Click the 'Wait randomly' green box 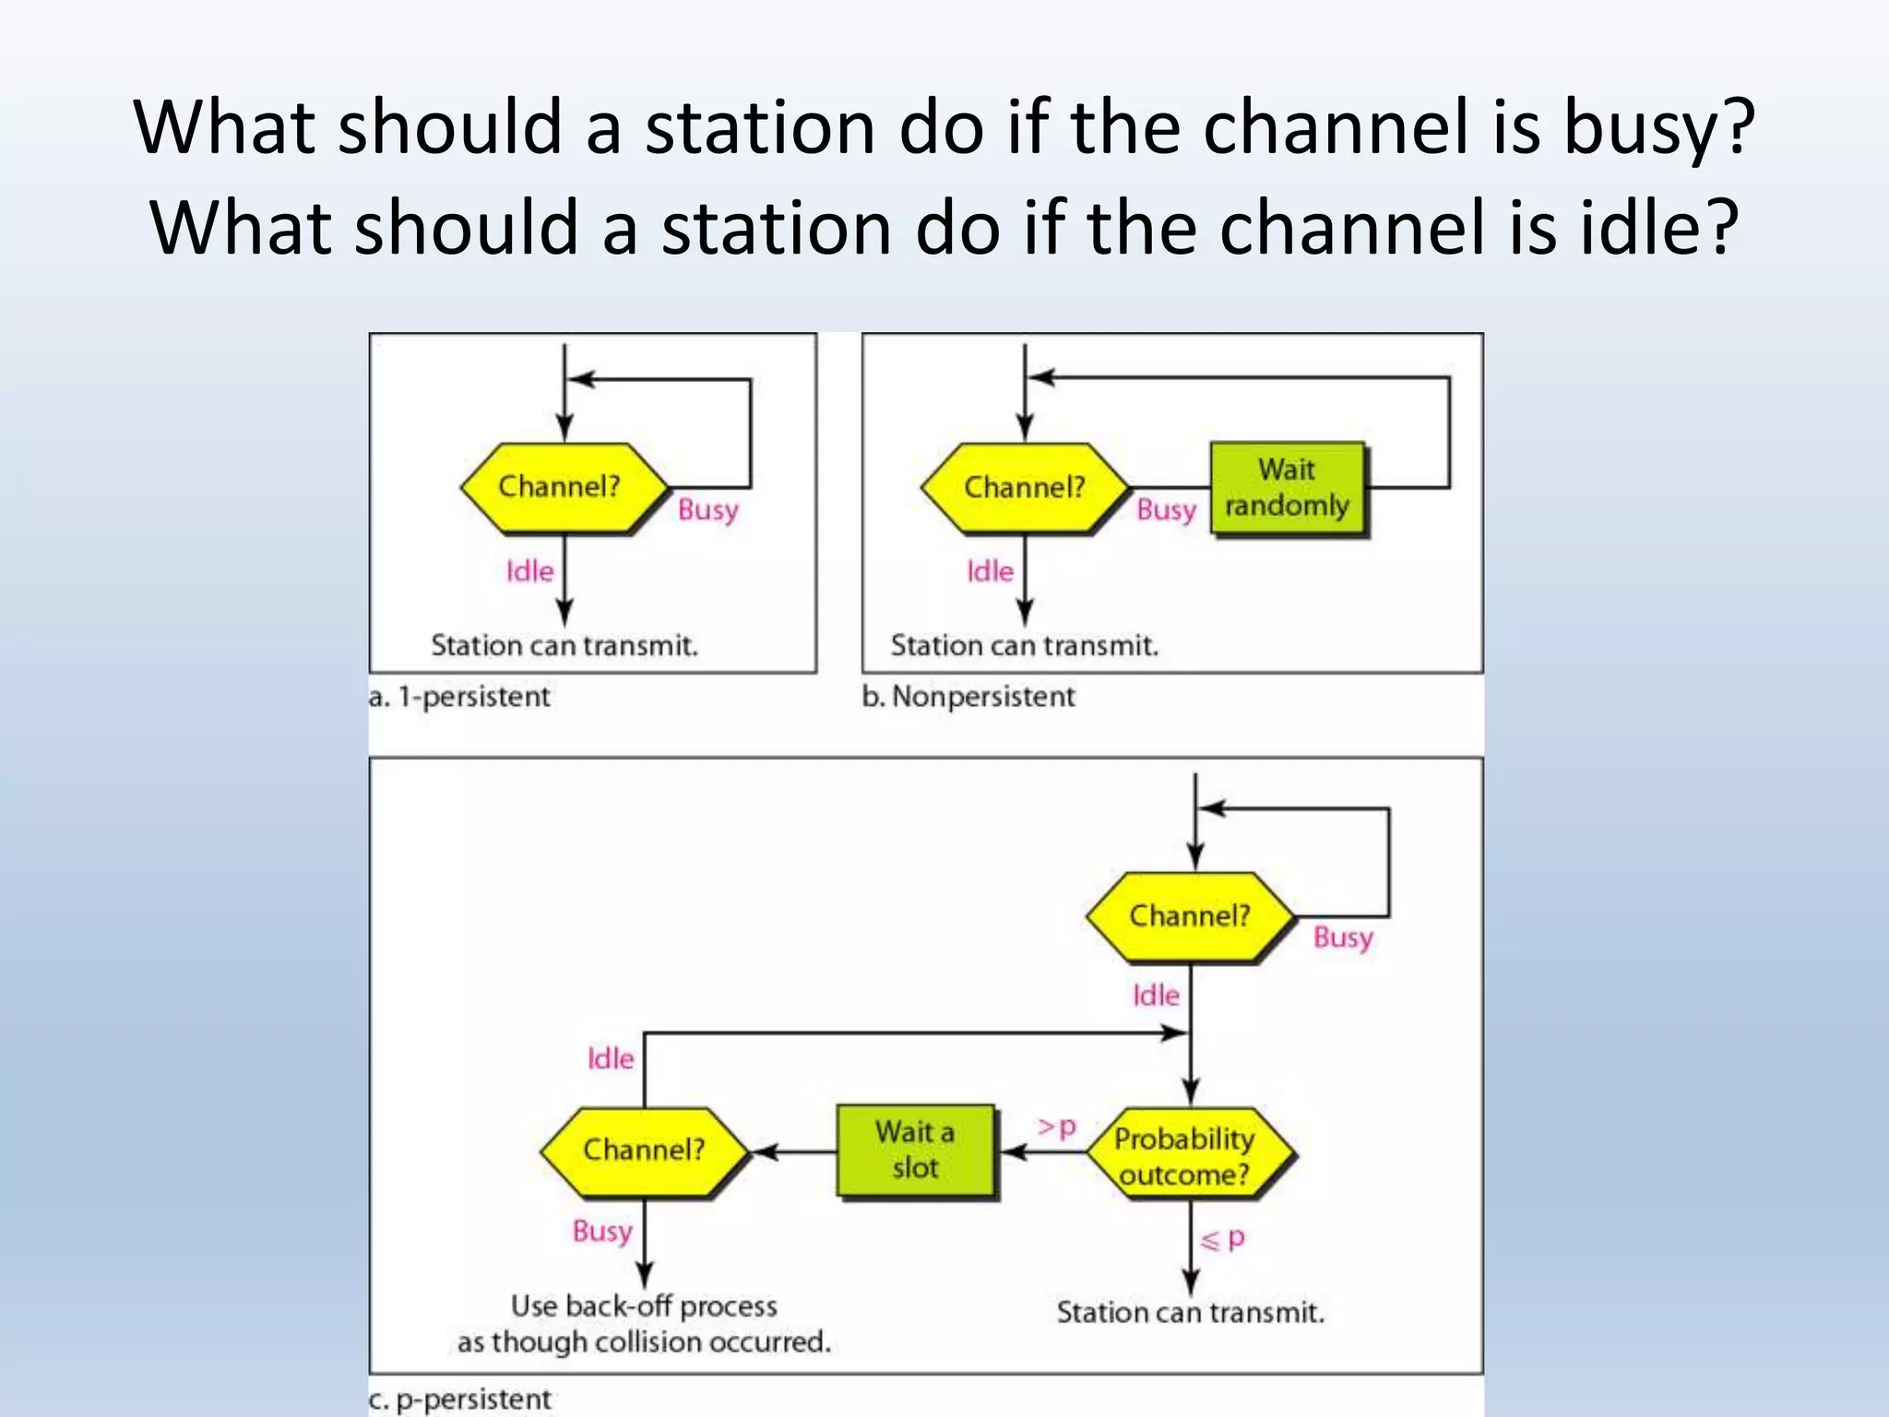(x=1288, y=488)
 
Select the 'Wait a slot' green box (x=916, y=1150)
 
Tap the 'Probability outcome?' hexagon (x=1188, y=1155)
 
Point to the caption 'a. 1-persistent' (x=459, y=697)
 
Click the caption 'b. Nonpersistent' (x=968, y=697)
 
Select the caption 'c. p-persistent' (x=459, y=1399)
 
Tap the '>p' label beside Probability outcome (x=1057, y=1127)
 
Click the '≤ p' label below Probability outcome (x=1222, y=1239)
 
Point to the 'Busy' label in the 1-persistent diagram (x=707, y=510)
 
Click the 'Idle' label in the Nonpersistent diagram (x=990, y=572)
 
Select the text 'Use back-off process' (x=644, y=1306)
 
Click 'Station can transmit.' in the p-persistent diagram (x=1190, y=1312)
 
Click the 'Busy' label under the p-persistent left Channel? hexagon (x=602, y=1232)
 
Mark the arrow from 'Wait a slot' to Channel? (x=794, y=1151)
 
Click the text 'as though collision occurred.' (x=644, y=1342)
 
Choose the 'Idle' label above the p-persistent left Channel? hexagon (x=611, y=1058)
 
